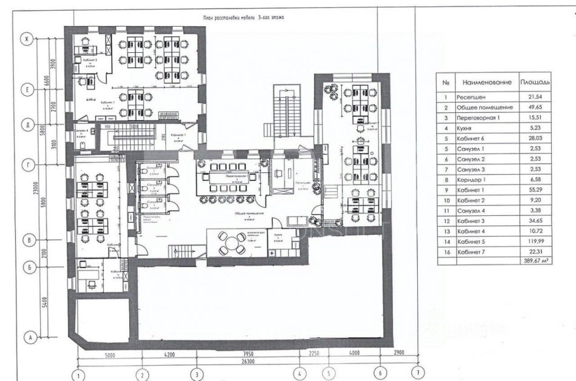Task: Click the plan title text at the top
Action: (244, 19)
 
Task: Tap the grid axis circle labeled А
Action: (26, 337)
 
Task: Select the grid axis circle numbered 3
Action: (196, 374)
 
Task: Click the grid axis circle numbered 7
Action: (417, 373)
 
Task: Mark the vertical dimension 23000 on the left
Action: (38, 193)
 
